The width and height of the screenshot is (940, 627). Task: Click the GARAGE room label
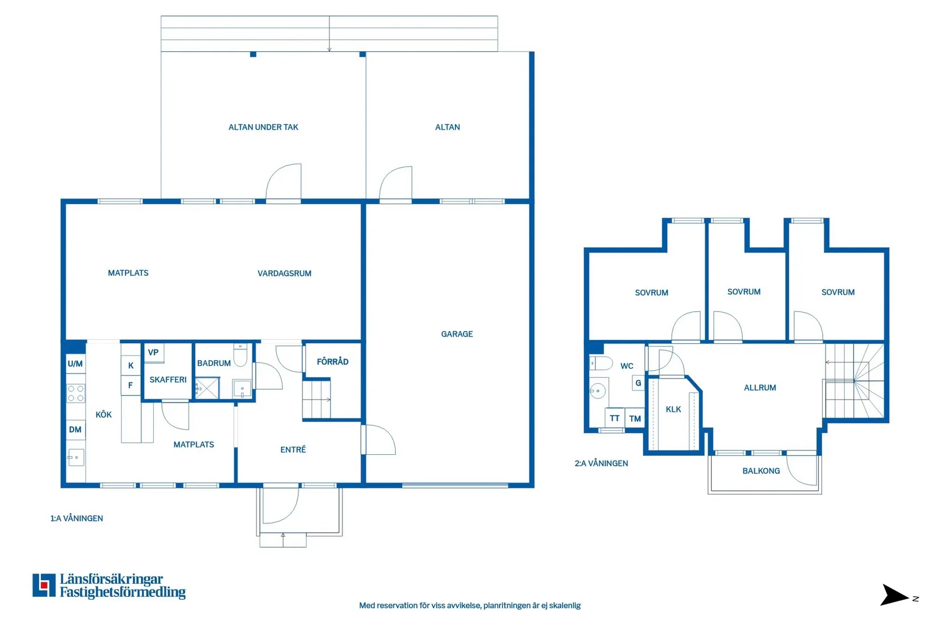(456, 334)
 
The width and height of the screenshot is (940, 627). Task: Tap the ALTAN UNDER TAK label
(263, 127)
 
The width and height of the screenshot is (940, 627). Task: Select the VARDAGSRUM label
(284, 274)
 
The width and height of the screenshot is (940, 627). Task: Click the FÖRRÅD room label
(332, 361)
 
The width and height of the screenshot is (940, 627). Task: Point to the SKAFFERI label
(168, 380)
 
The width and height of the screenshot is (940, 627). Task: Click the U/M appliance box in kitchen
(76, 364)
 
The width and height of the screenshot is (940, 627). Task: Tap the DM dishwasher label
(75, 430)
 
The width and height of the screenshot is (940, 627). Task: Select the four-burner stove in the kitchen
(76, 393)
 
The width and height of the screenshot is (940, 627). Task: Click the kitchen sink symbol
(76, 457)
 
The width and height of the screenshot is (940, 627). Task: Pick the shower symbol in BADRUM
(207, 388)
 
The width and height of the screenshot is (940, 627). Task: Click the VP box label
(153, 352)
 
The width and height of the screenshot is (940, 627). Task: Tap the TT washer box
(615, 418)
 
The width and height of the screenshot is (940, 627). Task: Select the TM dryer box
(635, 418)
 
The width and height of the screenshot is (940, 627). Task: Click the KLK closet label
(673, 409)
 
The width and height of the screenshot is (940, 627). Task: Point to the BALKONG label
(761, 471)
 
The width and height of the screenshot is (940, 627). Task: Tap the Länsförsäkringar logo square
(44, 585)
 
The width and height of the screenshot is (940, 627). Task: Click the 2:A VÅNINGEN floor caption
(601, 463)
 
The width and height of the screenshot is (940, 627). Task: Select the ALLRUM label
(759, 388)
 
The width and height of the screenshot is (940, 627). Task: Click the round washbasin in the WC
(598, 391)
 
